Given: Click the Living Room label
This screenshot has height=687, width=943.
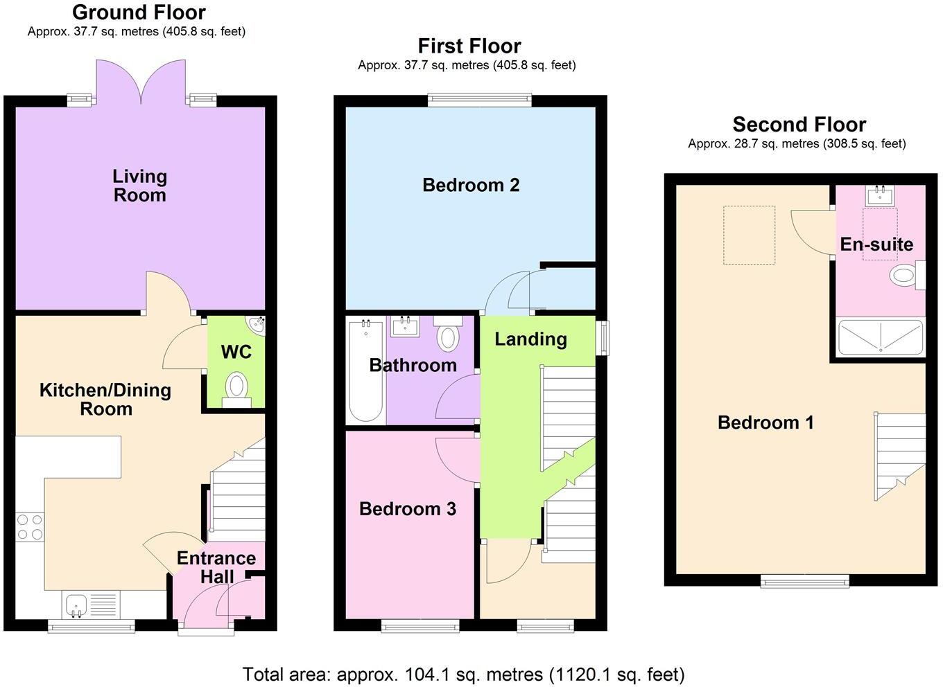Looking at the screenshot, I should pos(139,186).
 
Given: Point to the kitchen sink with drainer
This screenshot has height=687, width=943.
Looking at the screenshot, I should pos(91,604).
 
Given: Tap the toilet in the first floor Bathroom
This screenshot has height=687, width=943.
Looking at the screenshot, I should pos(449,334).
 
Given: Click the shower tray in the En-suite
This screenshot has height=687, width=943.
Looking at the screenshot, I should pos(880,337).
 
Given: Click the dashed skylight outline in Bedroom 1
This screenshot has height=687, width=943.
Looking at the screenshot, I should pos(749,235).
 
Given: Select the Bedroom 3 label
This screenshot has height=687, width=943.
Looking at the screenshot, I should pos(407,509).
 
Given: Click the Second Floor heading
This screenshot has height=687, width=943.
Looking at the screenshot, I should pos(799,125).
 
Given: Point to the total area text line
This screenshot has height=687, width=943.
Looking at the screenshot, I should pos(463,674).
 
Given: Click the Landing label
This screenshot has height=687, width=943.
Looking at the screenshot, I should pos(530,339).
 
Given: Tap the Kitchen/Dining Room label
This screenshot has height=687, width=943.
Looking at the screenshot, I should pos(105,399).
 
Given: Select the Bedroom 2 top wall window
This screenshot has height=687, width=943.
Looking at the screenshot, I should pos(479,100).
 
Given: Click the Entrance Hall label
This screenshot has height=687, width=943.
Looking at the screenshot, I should pos(216,566).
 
